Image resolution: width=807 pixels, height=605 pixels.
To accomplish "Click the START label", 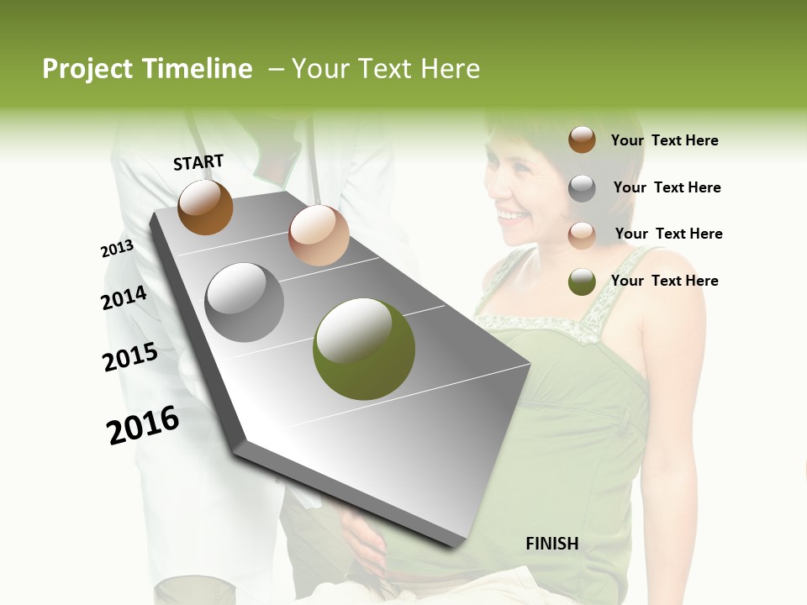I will point(198,162).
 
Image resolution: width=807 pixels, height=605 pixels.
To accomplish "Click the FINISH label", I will point(551,544).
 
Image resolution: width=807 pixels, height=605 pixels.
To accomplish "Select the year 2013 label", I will point(117,249).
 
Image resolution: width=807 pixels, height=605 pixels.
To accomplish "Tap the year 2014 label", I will point(124,298).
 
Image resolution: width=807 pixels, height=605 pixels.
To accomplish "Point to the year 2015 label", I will point(130,357).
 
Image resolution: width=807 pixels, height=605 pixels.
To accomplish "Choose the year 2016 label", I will point(143,425).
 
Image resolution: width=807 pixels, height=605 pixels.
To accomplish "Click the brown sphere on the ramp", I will point(205,207).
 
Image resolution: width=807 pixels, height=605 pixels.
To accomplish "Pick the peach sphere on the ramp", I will point(319,235).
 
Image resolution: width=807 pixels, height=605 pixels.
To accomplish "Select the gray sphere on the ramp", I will point(245,302).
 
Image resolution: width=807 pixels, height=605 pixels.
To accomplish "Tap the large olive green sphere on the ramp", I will point(363,349).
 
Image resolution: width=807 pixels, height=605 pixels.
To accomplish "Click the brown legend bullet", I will point(582,140).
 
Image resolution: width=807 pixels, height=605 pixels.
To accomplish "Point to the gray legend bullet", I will point(582,188).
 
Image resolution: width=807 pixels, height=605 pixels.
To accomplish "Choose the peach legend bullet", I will point(582,234).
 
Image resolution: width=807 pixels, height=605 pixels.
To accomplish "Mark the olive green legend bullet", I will point(582,281).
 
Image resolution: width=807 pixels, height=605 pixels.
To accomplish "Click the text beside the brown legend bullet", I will point(664,141).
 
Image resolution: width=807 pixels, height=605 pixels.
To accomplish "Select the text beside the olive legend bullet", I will point(664,281).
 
